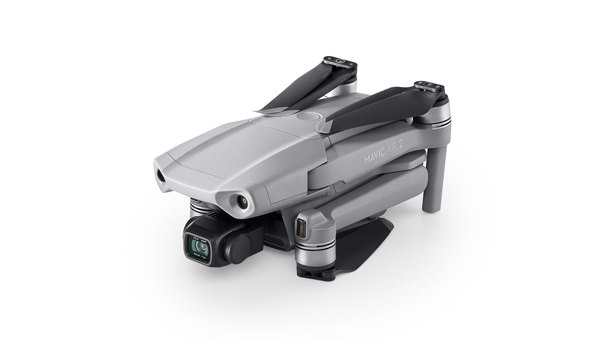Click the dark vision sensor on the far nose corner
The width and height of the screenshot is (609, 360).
(160, 176)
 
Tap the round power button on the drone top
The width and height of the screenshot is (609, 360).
(310, 117)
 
